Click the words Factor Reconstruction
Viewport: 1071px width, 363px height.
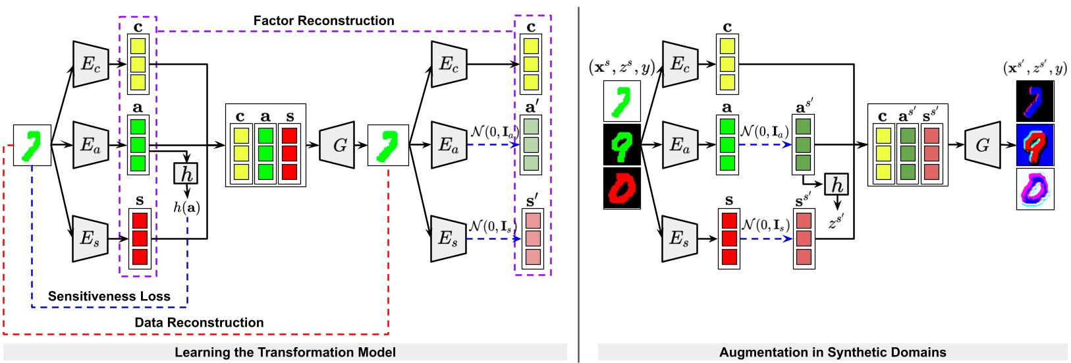[323, 20]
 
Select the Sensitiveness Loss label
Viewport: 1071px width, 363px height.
[109, 296]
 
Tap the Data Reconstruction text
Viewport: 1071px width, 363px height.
[199, 322]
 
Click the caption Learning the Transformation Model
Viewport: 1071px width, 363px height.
[285, 352]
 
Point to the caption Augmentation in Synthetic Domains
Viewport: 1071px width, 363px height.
[833, 352]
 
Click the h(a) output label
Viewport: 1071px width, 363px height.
[186, 208]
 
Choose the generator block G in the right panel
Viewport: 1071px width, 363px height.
[982, 145]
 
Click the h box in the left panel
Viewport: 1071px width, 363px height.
[186, 174]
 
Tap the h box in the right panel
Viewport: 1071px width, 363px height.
[837, 184]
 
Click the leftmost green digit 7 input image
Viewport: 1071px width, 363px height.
[32, 145]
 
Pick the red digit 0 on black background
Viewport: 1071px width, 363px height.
[622, 188]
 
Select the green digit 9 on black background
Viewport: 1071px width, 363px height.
[622, 145]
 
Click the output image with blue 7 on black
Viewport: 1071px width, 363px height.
[1035, 101]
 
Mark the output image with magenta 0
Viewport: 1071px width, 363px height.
[1035, 189]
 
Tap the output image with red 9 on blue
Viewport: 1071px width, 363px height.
[1035, 145]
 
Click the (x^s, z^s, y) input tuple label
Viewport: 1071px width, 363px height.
[621, 67]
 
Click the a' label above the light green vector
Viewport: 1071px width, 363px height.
[532, 107]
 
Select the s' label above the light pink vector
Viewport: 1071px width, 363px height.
[532, 200]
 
